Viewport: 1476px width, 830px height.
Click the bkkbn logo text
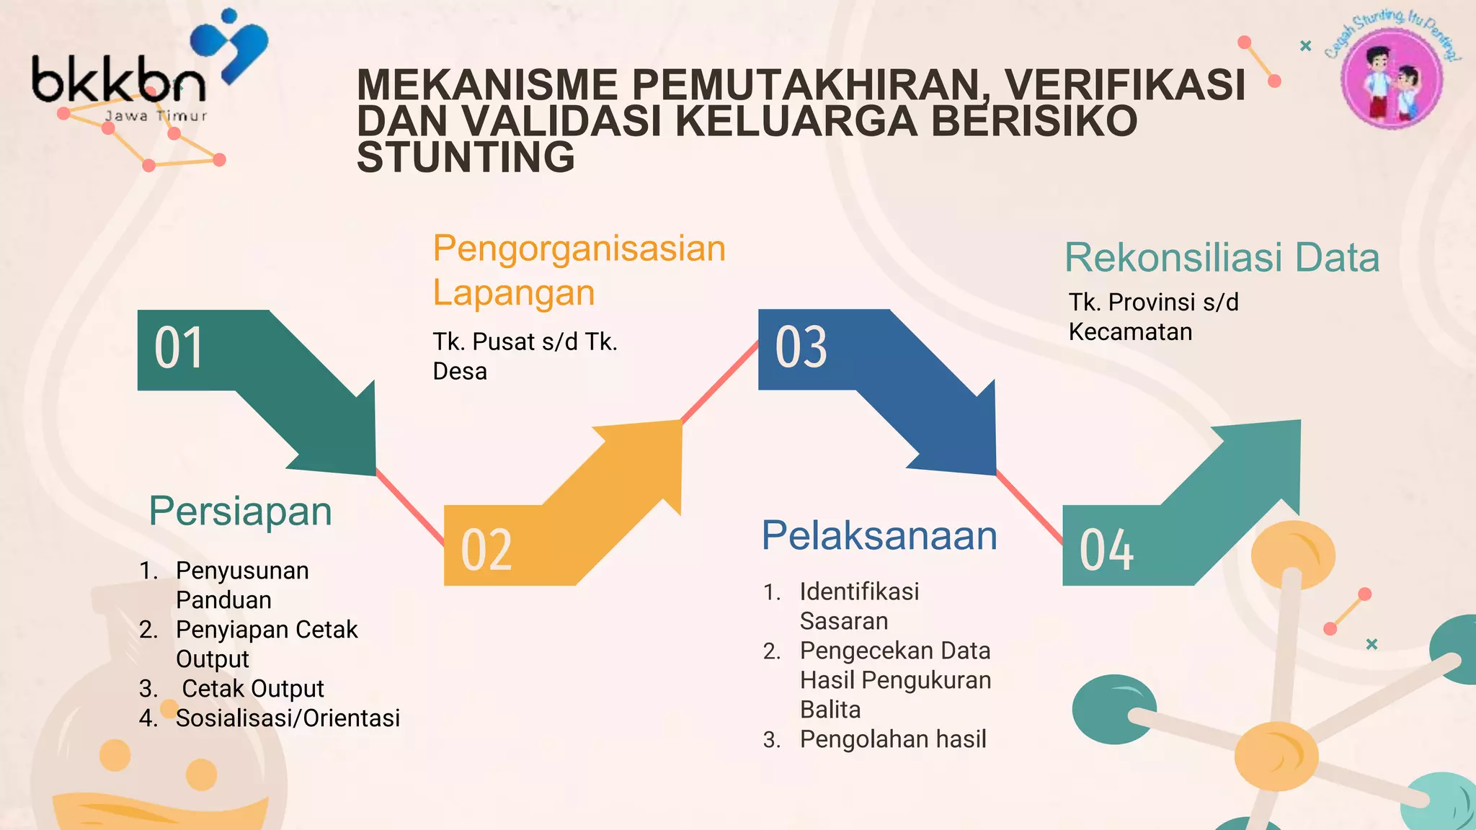click(119, 81)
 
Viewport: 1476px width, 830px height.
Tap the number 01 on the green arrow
click(179, 349)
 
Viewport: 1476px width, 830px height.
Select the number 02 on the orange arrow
click(486, 550)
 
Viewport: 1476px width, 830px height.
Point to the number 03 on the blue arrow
click(801, 347)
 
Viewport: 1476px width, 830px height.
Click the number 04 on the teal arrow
click(1106, 550)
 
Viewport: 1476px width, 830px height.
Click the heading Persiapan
click(240, 512)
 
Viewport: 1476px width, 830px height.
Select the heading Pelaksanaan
click(879, 536)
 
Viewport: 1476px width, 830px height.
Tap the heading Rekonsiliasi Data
click(1222, 258)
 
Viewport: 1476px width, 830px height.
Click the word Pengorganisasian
click(579, 249)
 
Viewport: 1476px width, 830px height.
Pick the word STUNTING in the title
click(466, 158)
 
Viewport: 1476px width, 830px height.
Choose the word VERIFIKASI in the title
click(1125, 85)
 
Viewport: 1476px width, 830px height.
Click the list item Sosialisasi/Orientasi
click(288, 718)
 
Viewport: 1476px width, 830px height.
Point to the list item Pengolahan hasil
click(893, 739)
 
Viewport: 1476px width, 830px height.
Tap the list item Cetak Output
click(252, 689)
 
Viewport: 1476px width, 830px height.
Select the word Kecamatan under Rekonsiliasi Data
click(1130, 332)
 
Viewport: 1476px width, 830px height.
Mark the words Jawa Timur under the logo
click(156, 116)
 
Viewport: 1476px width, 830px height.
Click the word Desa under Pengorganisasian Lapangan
click(460, 372)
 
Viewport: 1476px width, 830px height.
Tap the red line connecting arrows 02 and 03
click(719, 382)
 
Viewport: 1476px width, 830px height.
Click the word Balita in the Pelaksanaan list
click(830, 710)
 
